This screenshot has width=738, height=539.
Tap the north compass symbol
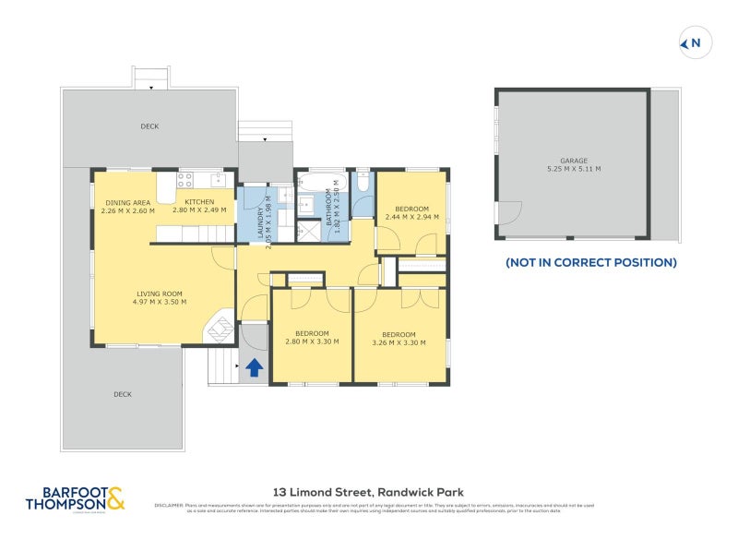[692, 42]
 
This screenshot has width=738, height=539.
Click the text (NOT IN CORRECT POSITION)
[590, 263]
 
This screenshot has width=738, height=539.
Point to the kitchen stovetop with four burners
[185, 180]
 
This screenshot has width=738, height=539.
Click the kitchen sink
[218, 178]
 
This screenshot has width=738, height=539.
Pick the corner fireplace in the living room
[220, 329]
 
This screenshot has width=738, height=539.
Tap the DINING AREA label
[128, 202]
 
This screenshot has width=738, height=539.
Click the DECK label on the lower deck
[123, 394]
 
